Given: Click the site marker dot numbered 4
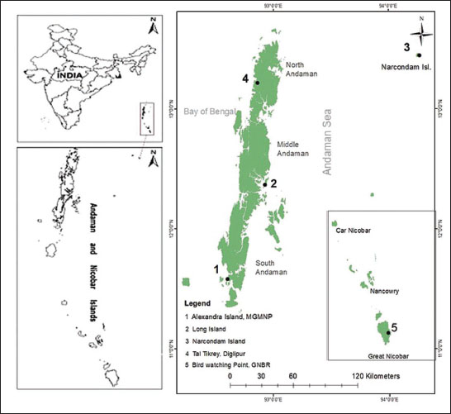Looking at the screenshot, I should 258,83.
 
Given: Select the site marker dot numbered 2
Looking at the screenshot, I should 264,183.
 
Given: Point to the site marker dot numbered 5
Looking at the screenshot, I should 387,332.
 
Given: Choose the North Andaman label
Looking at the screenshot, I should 300,71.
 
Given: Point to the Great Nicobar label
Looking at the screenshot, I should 385,356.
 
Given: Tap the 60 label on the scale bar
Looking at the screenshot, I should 291,376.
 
